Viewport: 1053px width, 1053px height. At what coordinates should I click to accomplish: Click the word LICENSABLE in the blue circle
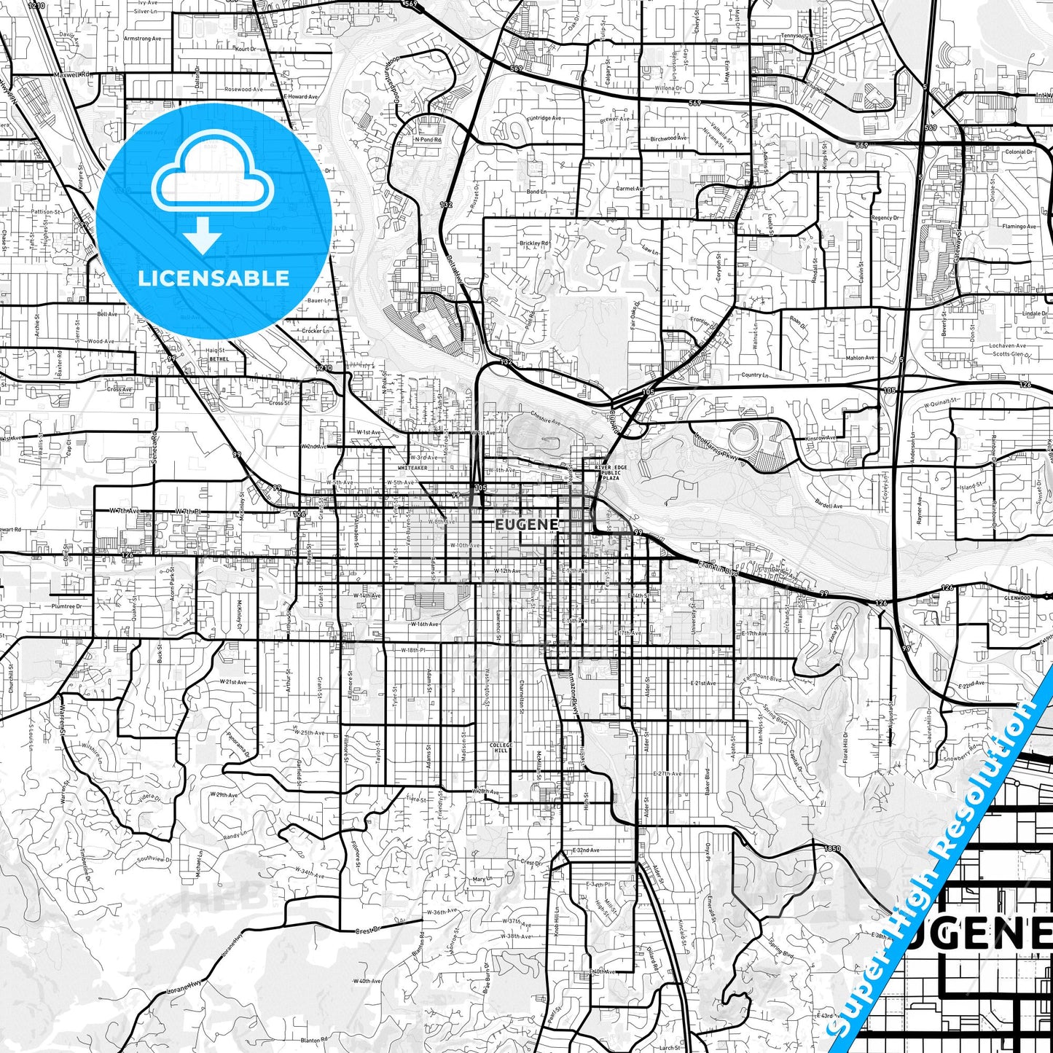(x=214, y=278)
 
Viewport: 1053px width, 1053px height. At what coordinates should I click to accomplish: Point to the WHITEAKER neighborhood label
(x=412, y=468)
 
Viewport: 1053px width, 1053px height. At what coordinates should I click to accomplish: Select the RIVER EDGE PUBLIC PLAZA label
(x=610, y=473)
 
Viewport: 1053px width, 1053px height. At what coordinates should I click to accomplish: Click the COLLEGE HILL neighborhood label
(x=501, y=748)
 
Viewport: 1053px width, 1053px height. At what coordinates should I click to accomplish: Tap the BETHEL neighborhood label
(x=219, y=359)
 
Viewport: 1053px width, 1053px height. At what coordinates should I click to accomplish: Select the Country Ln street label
(x=754, y=375)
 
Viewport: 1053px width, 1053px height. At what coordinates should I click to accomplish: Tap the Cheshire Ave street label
(x=546, y=420)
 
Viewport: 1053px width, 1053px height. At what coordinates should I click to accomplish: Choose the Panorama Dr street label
(x=238, y=743)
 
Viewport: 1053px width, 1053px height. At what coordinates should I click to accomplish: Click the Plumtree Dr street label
(x=66, y=606)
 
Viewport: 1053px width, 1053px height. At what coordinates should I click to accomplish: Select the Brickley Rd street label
(x=534, y=243)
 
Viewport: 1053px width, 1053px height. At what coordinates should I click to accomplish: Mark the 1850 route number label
(x=832, y=849)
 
